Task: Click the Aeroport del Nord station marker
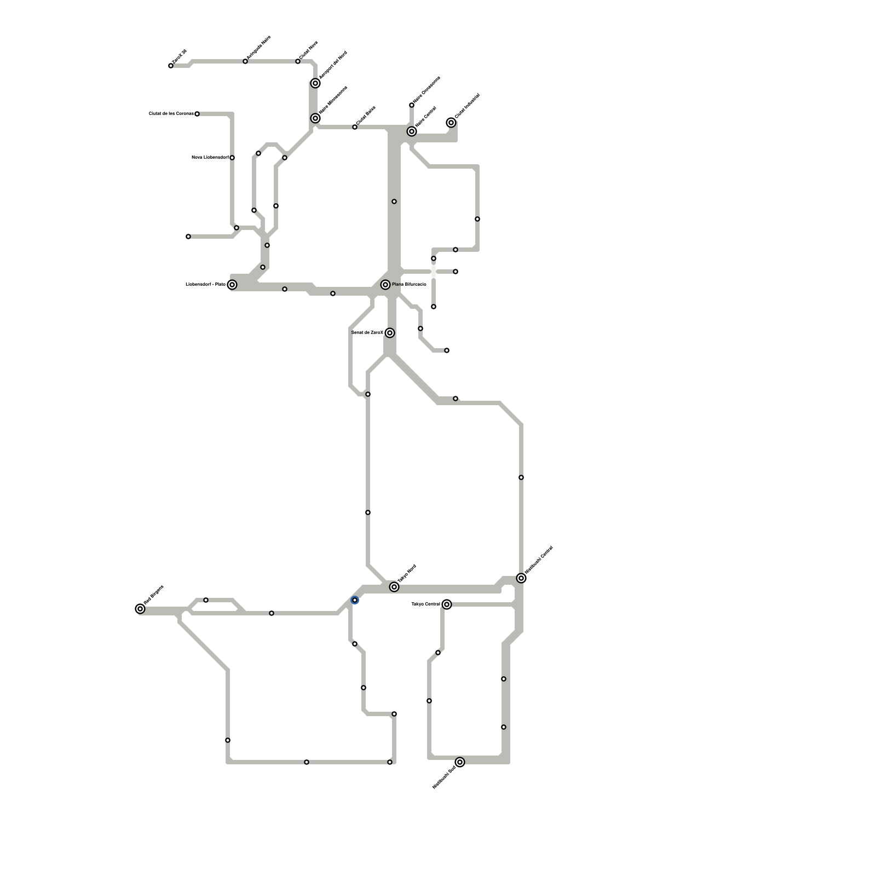[315, 83]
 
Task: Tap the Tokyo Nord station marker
[394, 587]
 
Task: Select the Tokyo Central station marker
[447, 604]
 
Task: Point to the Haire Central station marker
[412, 131]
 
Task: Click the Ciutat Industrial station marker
[451, 123]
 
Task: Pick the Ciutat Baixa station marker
[355, 127]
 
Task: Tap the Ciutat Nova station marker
[298, 61]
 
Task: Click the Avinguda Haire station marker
[245, 61]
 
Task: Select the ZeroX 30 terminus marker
[171, 66]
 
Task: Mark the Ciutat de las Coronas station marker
[197, 114]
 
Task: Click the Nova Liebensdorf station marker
[232, 158]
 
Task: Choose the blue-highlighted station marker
[355, 601]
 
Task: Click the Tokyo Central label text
[425, 604]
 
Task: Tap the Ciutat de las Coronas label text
[171, 113]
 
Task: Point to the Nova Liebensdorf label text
[210, 157]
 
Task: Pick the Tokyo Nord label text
[407, 573]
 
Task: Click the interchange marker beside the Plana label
[385, 285]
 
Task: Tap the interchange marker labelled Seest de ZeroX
[390, 333]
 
